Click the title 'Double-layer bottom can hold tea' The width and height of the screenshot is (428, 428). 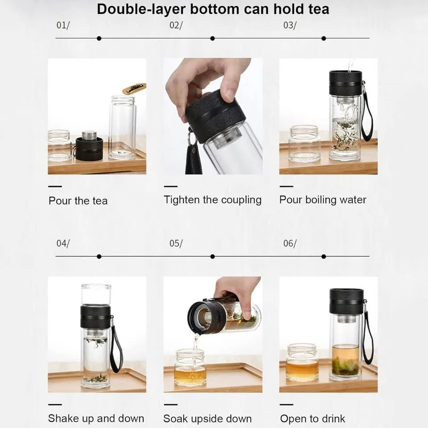213,9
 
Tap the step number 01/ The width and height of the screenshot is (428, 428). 63,25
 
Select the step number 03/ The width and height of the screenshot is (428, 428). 290,25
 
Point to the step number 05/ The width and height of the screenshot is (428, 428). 176,243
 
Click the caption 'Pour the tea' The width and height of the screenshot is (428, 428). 78,201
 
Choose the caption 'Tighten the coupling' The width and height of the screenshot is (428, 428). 213,199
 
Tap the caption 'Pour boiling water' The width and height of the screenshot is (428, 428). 323,199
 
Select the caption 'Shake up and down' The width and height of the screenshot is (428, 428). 96,418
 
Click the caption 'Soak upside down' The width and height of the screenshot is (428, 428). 207,419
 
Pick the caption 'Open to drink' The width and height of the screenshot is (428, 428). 313,419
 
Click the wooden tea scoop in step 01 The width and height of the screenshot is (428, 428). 134,88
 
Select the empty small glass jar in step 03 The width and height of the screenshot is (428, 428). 304,144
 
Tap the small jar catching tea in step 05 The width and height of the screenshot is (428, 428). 190,368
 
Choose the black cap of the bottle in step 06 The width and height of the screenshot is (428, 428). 346,301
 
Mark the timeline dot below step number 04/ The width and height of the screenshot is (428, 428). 99,256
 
